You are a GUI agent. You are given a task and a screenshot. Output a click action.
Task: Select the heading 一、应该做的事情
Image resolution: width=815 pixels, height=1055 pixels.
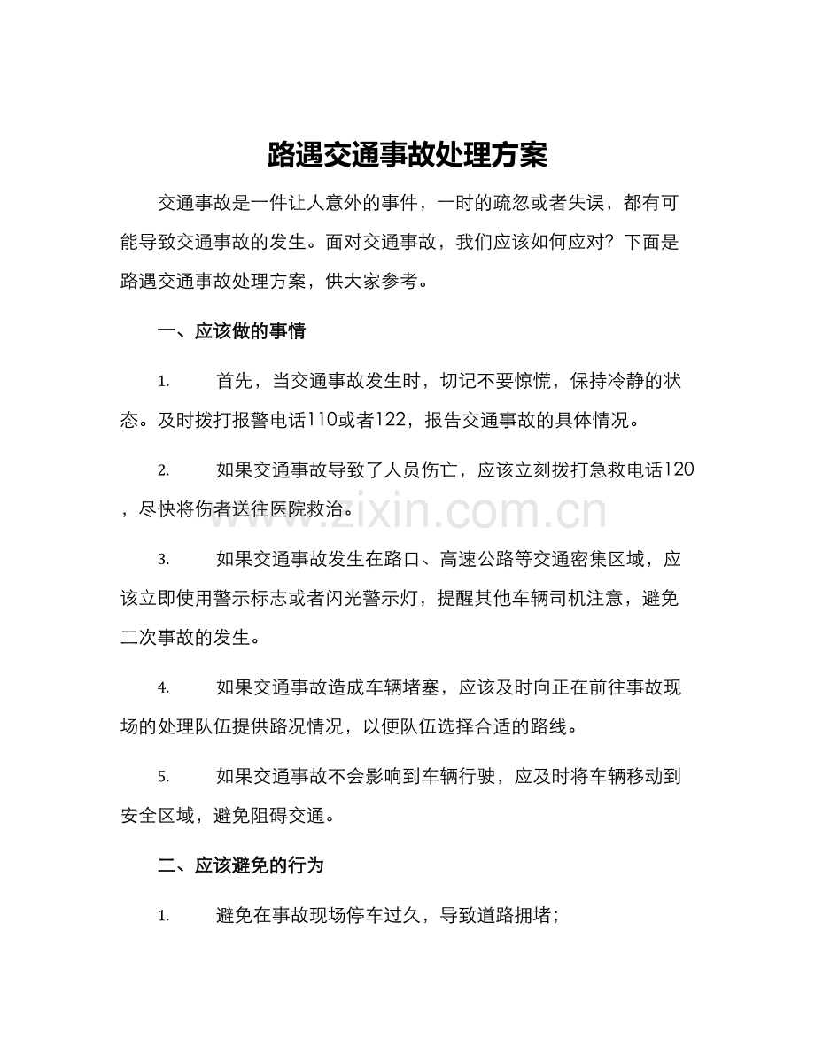[x=231, y=332]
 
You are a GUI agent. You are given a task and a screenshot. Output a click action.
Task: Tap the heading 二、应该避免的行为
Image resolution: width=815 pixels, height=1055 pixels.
[x=240, y=865]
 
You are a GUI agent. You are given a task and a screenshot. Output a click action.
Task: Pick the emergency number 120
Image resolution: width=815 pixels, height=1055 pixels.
[x=679, y=470]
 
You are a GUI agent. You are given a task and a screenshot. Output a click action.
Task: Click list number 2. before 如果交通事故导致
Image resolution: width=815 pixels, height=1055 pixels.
[x=163, y=471]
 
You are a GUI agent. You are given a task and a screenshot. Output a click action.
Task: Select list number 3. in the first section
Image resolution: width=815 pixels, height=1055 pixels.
[x=163, y=561]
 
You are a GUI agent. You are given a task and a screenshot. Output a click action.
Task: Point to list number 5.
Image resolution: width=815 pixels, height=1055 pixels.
[x=163, y=777]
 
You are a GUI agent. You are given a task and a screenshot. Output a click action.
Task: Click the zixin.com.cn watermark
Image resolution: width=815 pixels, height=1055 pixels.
[x=407, y=512]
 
